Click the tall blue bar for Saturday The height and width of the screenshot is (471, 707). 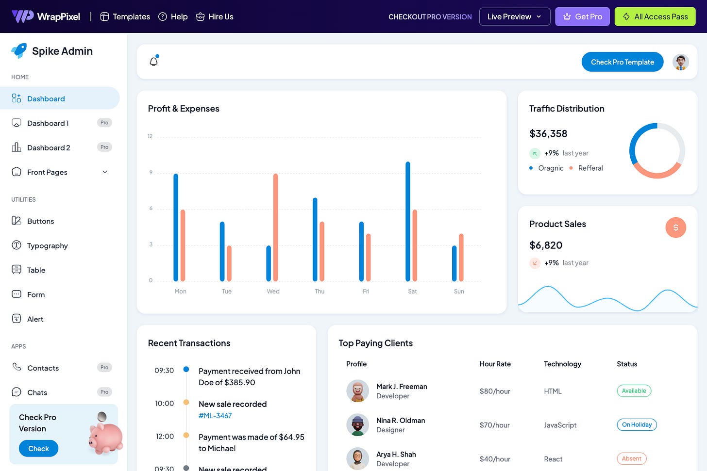(408, 221)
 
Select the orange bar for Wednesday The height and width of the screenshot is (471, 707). (276, 227)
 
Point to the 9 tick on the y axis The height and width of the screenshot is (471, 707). (151, 172)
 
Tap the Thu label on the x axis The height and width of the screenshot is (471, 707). (320, 292)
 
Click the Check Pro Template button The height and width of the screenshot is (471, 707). (622, 62)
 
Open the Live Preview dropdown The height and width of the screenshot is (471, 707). (514, 16)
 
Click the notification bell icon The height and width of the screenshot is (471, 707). (154, 62)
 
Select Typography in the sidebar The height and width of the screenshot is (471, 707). (47, 245)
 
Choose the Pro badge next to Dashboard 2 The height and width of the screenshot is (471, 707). (104, 147)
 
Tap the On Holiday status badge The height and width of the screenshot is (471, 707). (637, 425)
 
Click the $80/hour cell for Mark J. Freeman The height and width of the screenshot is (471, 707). (494, 391)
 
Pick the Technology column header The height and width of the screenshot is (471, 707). (562, 364)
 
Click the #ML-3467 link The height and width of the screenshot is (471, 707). (215, 416)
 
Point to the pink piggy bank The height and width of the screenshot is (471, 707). (106, 437)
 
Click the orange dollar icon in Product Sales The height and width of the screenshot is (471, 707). (675, 227)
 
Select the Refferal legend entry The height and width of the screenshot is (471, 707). (590, 168)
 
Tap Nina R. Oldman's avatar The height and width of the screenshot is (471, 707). (357, 425)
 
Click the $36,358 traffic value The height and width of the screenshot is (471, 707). (548, 134)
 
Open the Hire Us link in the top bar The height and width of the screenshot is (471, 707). (215, 16)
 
